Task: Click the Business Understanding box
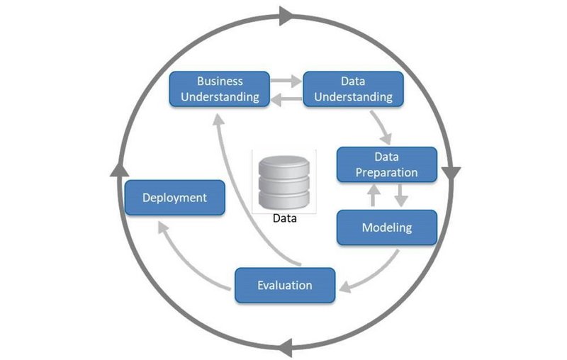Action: [x=220, y=89]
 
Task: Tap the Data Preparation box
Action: [x=386, y=164]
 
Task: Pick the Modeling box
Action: [x=386, y=227]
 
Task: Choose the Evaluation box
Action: [x=284, y=286]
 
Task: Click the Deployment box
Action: [x=174, y=198]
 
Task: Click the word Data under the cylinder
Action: [x=284, y=218]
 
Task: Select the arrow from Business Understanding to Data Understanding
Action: [x=286, y=81]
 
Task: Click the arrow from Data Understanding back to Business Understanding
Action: [x=286, y=100]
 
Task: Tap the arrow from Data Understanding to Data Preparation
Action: [x=383, y=128]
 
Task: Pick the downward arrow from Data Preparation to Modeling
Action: [x=400, y=195]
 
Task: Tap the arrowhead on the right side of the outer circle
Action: [x=451, y=173]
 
